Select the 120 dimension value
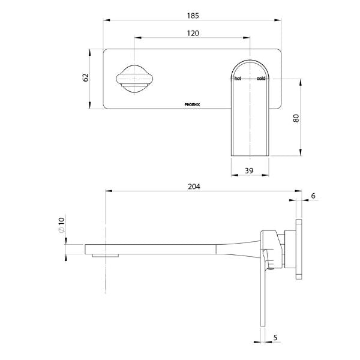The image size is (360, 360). pyautogui.click(x=193, y=34)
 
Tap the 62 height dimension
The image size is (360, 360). pyautogui.click(x=86, y=78)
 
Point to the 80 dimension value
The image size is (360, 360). pyautogui.click(x=296, y=118)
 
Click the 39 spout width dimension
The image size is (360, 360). pyautogui.click(x=249, y=171)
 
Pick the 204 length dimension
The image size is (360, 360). pyautogui.click(x=194, y=187)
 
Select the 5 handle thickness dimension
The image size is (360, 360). pyautogui.click(x=275, y=338)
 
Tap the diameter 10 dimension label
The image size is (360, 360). pyautogui.click(x=61, y=226)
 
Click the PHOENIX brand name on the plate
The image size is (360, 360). pyautogui.click(x=196, y=103)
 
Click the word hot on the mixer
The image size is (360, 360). pyautogui.click(x=238, y=79)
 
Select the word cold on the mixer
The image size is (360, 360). pyautogui.click(x=261, y=79)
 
